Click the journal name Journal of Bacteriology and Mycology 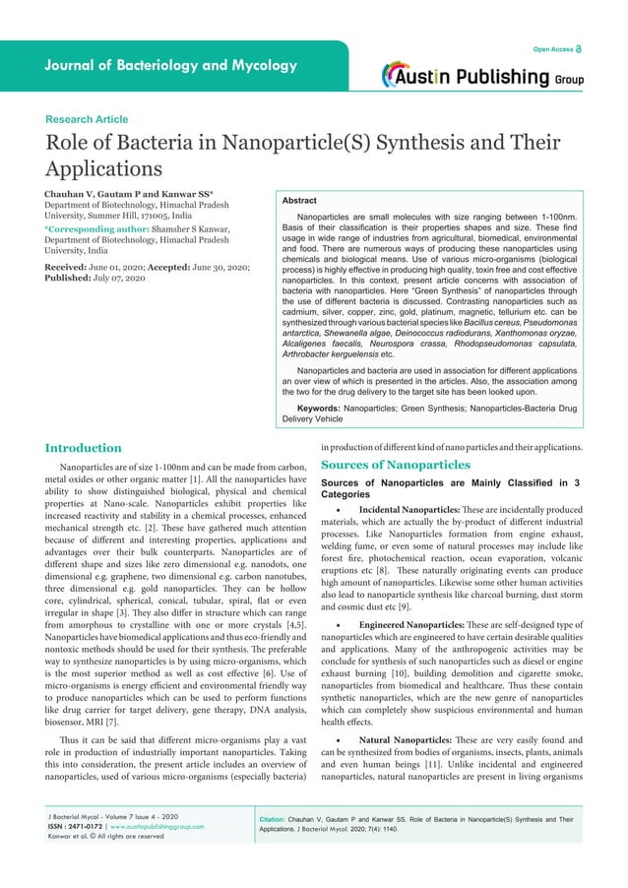point(170,66)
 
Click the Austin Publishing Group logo point(482,76)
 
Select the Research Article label point(87,119)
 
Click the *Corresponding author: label point(94,228)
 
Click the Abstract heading point(299,200)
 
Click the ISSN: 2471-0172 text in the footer point(82,826)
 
